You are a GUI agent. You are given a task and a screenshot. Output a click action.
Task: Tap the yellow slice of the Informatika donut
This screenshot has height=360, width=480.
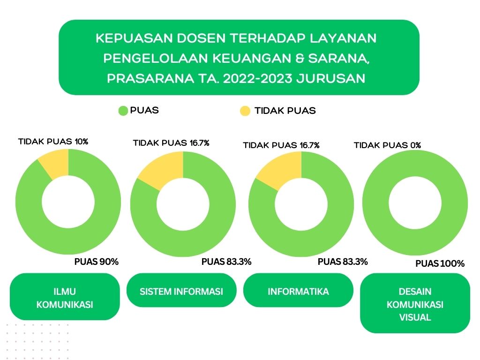(x=283, y=170)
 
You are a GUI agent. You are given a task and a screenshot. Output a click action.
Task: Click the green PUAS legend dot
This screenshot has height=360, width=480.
(x=123, y=111)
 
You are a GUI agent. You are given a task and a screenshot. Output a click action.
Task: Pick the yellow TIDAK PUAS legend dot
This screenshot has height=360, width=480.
(x=245, y=111)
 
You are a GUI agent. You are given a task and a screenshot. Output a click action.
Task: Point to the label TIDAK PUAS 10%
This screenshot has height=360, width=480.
(x=53, y=142)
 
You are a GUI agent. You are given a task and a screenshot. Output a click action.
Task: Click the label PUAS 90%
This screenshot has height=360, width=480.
(x=97, y=262)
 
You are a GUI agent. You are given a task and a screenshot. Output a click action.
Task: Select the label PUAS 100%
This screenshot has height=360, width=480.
(x=440, y=263)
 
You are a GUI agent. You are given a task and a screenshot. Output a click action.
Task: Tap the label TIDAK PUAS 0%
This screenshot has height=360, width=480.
(x=387, y=145)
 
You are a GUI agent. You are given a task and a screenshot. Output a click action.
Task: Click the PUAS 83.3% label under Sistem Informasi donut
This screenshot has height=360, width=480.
(x=226, y=262)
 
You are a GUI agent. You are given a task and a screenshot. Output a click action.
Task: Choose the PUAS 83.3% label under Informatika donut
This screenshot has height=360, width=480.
(x=343, y=262)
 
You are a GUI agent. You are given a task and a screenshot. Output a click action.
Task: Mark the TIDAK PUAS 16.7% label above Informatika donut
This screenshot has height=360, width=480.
(x=281, y=145)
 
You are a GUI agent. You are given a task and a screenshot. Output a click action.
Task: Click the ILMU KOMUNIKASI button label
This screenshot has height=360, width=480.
(x=65, y=298)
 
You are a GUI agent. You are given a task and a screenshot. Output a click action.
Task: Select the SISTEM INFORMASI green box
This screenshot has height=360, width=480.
(x=181, y=290)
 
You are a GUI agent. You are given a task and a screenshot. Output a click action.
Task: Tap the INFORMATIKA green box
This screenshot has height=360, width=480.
(x=298, y=290)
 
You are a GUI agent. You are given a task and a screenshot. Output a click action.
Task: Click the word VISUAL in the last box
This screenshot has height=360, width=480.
(x=415, y=317)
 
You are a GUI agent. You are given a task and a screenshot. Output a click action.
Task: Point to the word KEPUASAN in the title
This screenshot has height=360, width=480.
(x=134, y=38)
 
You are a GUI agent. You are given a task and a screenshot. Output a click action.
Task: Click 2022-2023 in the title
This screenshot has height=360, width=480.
(x=257, y=79)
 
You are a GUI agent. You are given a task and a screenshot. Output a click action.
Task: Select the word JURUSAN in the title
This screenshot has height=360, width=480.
(x=330, y=79)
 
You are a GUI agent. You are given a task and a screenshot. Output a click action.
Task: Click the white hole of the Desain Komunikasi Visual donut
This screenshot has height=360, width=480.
(x=415, y=202)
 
